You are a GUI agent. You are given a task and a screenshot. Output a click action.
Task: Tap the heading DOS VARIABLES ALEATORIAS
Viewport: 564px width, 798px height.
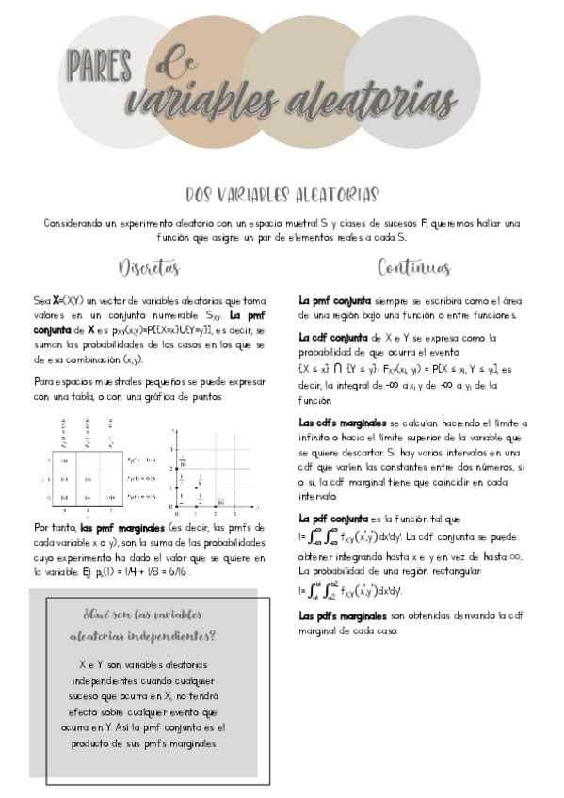tap(282, 195)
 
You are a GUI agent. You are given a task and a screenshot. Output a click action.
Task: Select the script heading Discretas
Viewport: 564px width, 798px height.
tap(149, 268)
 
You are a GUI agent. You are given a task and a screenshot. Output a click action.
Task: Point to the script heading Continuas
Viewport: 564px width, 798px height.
tap(413, 268)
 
